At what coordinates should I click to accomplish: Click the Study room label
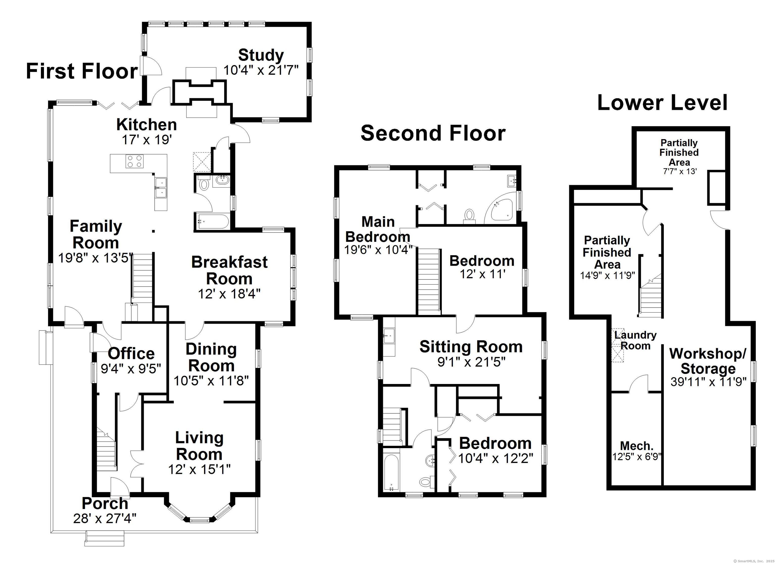[261, 55]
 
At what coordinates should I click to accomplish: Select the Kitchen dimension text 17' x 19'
[147, 140]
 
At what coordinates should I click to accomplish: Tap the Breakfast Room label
[229, 271]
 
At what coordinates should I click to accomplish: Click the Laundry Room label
[635, 340]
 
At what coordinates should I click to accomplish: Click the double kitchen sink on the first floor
[160, 188]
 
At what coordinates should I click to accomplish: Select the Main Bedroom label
[378, 229]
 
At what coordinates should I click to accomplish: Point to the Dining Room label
[211, 358]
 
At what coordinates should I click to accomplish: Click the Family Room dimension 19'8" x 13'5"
[95, 258]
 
